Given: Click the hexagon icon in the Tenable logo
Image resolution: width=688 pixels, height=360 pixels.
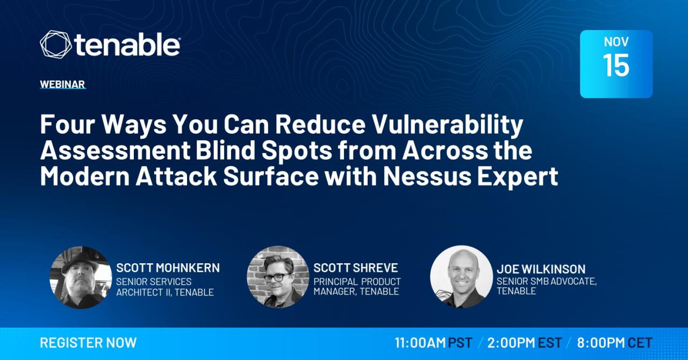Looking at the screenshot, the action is coord(55,44).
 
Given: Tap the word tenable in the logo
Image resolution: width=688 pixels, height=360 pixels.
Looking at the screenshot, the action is coord(127,45).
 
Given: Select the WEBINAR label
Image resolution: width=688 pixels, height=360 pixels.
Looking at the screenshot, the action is coord(62,84).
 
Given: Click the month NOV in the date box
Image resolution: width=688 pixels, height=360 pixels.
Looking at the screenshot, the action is coord(616,42).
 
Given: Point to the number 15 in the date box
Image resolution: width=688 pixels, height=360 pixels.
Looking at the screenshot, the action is coord(616,65).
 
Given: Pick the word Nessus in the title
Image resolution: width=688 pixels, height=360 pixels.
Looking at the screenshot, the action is coord(427,176).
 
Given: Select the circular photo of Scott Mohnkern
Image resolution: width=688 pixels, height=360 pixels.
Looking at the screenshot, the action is coord(81,277).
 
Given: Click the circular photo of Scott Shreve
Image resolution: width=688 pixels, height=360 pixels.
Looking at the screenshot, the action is coord(278,277).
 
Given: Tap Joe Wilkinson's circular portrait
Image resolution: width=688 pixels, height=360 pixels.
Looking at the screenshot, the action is coord(461,277).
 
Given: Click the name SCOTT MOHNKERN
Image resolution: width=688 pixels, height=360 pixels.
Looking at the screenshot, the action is coord(168,268).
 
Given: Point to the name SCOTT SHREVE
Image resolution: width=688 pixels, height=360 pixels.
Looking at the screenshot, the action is coord(356,268).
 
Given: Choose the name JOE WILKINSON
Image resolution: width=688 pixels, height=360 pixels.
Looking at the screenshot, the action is coord(541,269).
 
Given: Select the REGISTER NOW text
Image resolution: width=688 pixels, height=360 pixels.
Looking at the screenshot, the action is coord(88,343).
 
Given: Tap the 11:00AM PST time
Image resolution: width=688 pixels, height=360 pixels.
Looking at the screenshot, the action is coord(433,343).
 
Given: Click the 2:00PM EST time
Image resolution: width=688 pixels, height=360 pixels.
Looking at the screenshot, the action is coord(525,343).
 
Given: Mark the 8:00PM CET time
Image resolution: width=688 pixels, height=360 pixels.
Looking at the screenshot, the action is coord(614,343).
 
